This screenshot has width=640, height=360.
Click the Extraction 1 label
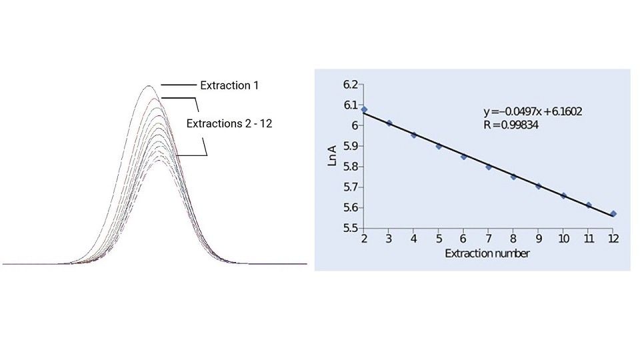[229, 85]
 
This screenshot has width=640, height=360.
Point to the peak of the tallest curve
[148, 86]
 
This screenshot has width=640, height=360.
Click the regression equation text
[533, 111]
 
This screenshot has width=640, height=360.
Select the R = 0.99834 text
[511, 124]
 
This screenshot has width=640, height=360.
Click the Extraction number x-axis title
[487, 253]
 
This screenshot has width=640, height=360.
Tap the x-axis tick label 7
[489, 239]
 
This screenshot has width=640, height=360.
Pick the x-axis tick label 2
[364, 239]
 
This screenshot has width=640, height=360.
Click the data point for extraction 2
[364, 109]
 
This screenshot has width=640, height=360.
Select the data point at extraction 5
[439, 146]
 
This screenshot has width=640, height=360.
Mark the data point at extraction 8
[513, 177]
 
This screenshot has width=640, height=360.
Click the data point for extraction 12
[613, 214]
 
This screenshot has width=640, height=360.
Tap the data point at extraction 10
[563, 196]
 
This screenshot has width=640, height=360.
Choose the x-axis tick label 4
[414, 239]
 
